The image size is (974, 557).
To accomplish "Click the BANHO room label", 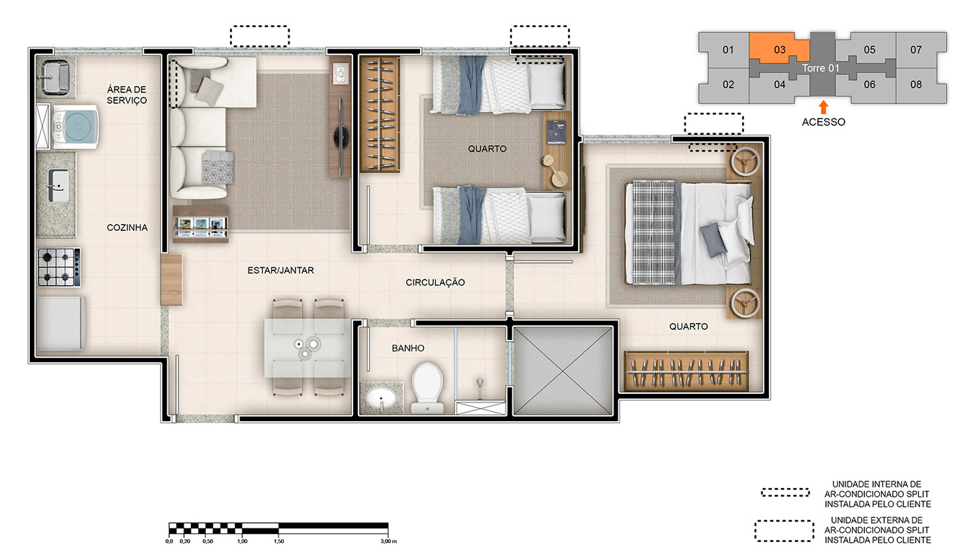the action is (x=408, y=348).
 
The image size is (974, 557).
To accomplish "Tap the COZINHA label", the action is (x=127, y=227).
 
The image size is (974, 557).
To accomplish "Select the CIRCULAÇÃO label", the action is (x=435, y=283).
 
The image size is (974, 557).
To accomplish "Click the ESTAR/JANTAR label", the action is (x=281, y=270).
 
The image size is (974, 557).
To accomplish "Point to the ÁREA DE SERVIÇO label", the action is (x=127, y=95).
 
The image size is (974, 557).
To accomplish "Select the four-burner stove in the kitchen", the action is (x=59, y=267).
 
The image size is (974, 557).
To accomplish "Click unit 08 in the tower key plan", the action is (x=916, y=84).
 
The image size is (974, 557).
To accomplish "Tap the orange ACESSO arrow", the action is (x=823, y=107).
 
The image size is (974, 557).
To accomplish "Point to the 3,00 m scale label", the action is (x=388, y=541).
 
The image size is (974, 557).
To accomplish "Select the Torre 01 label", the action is (x=820, y=68).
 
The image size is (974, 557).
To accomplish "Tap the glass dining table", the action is (x=308, y=348).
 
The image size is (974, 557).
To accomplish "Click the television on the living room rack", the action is (x=341, y=137).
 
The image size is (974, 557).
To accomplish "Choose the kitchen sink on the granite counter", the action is (x=58, y=186).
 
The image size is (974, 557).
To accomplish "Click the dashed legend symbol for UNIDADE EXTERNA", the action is (x=784, y=531).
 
